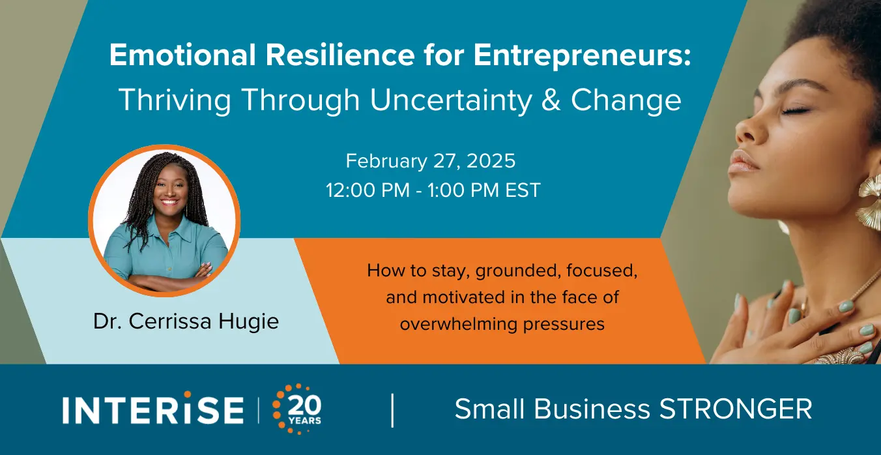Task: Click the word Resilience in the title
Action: [340, 55]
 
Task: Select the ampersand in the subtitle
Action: [551, 100]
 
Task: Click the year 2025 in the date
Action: [491, 161]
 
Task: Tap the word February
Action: [386, 162]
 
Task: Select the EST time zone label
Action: [523, 190]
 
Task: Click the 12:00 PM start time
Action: [368, 190]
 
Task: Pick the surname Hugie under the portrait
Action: [248, 322]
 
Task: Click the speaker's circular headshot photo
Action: [164, 220]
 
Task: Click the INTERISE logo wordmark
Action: [153, 410]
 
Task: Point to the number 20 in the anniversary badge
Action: [304, 405]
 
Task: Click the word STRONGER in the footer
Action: [736, 409]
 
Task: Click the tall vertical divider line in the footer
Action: [392, 410]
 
